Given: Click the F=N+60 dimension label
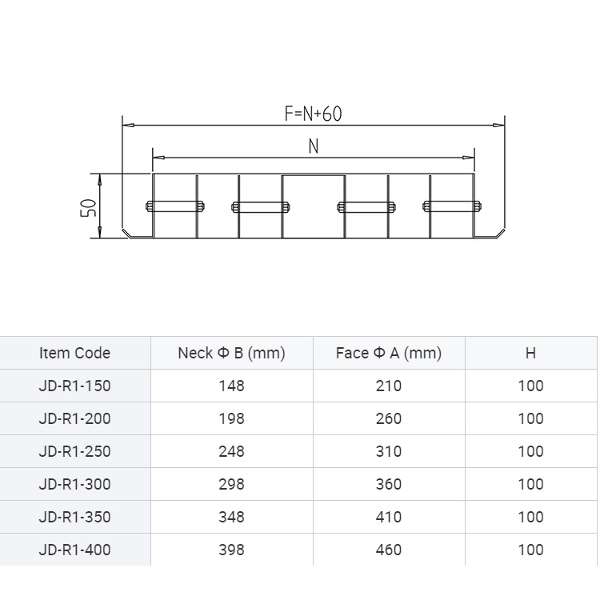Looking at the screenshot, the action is tap(313, 114).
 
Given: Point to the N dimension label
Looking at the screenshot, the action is tap(314, 146).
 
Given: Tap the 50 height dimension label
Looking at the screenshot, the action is tap(88, 208).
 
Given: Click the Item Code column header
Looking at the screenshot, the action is tap(74, 353).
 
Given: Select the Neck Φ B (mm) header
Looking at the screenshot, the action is tap(231, 353).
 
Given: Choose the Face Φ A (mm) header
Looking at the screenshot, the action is tap(389, 353).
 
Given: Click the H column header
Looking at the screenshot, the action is tap(530, 353).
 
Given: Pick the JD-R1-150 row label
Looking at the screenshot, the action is tap(74, 386).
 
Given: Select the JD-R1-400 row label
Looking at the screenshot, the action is tap(74, 550).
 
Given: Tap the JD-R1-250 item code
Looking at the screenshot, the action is tap(74, 451).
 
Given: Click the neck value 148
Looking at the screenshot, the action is tap(231, 386).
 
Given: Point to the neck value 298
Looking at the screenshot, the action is tap(231, 485).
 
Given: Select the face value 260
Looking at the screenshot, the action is tap(389, 418).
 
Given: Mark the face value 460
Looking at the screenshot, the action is tap(389, 550).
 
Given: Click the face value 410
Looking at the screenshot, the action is tap(389, 517).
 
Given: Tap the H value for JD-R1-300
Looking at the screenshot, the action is tap(530, 485).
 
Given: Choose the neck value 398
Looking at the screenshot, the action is tap(231, 550).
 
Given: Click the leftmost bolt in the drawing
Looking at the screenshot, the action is tap(175, 206).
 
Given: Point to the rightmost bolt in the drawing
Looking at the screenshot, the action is tap(452, 206).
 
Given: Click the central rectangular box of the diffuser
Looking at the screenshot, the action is tap(314, 206).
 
